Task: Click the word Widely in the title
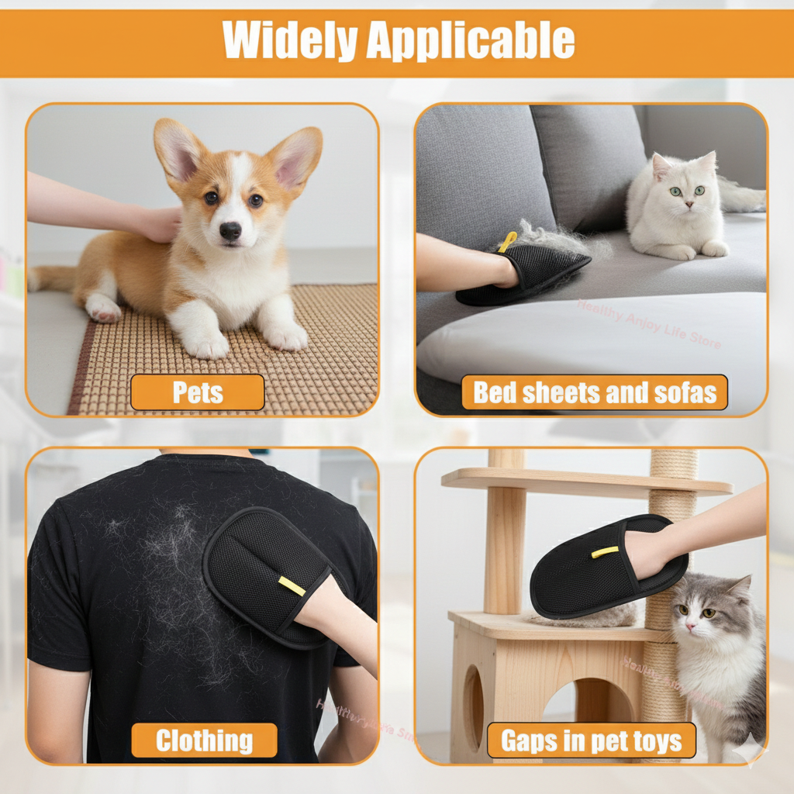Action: tap(289, 40)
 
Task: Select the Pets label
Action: tap(198, 392)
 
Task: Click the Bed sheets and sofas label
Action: tap(595, 392)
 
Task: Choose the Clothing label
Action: tap(204, 740)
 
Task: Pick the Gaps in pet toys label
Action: tap(592, 740)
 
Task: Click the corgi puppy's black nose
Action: tap(230, 230)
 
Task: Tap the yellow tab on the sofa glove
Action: tap(508, 241)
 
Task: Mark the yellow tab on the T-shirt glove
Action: tap(292, 586)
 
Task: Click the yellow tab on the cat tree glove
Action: tap(605, 552)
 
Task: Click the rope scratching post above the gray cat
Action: tap(671, 496)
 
